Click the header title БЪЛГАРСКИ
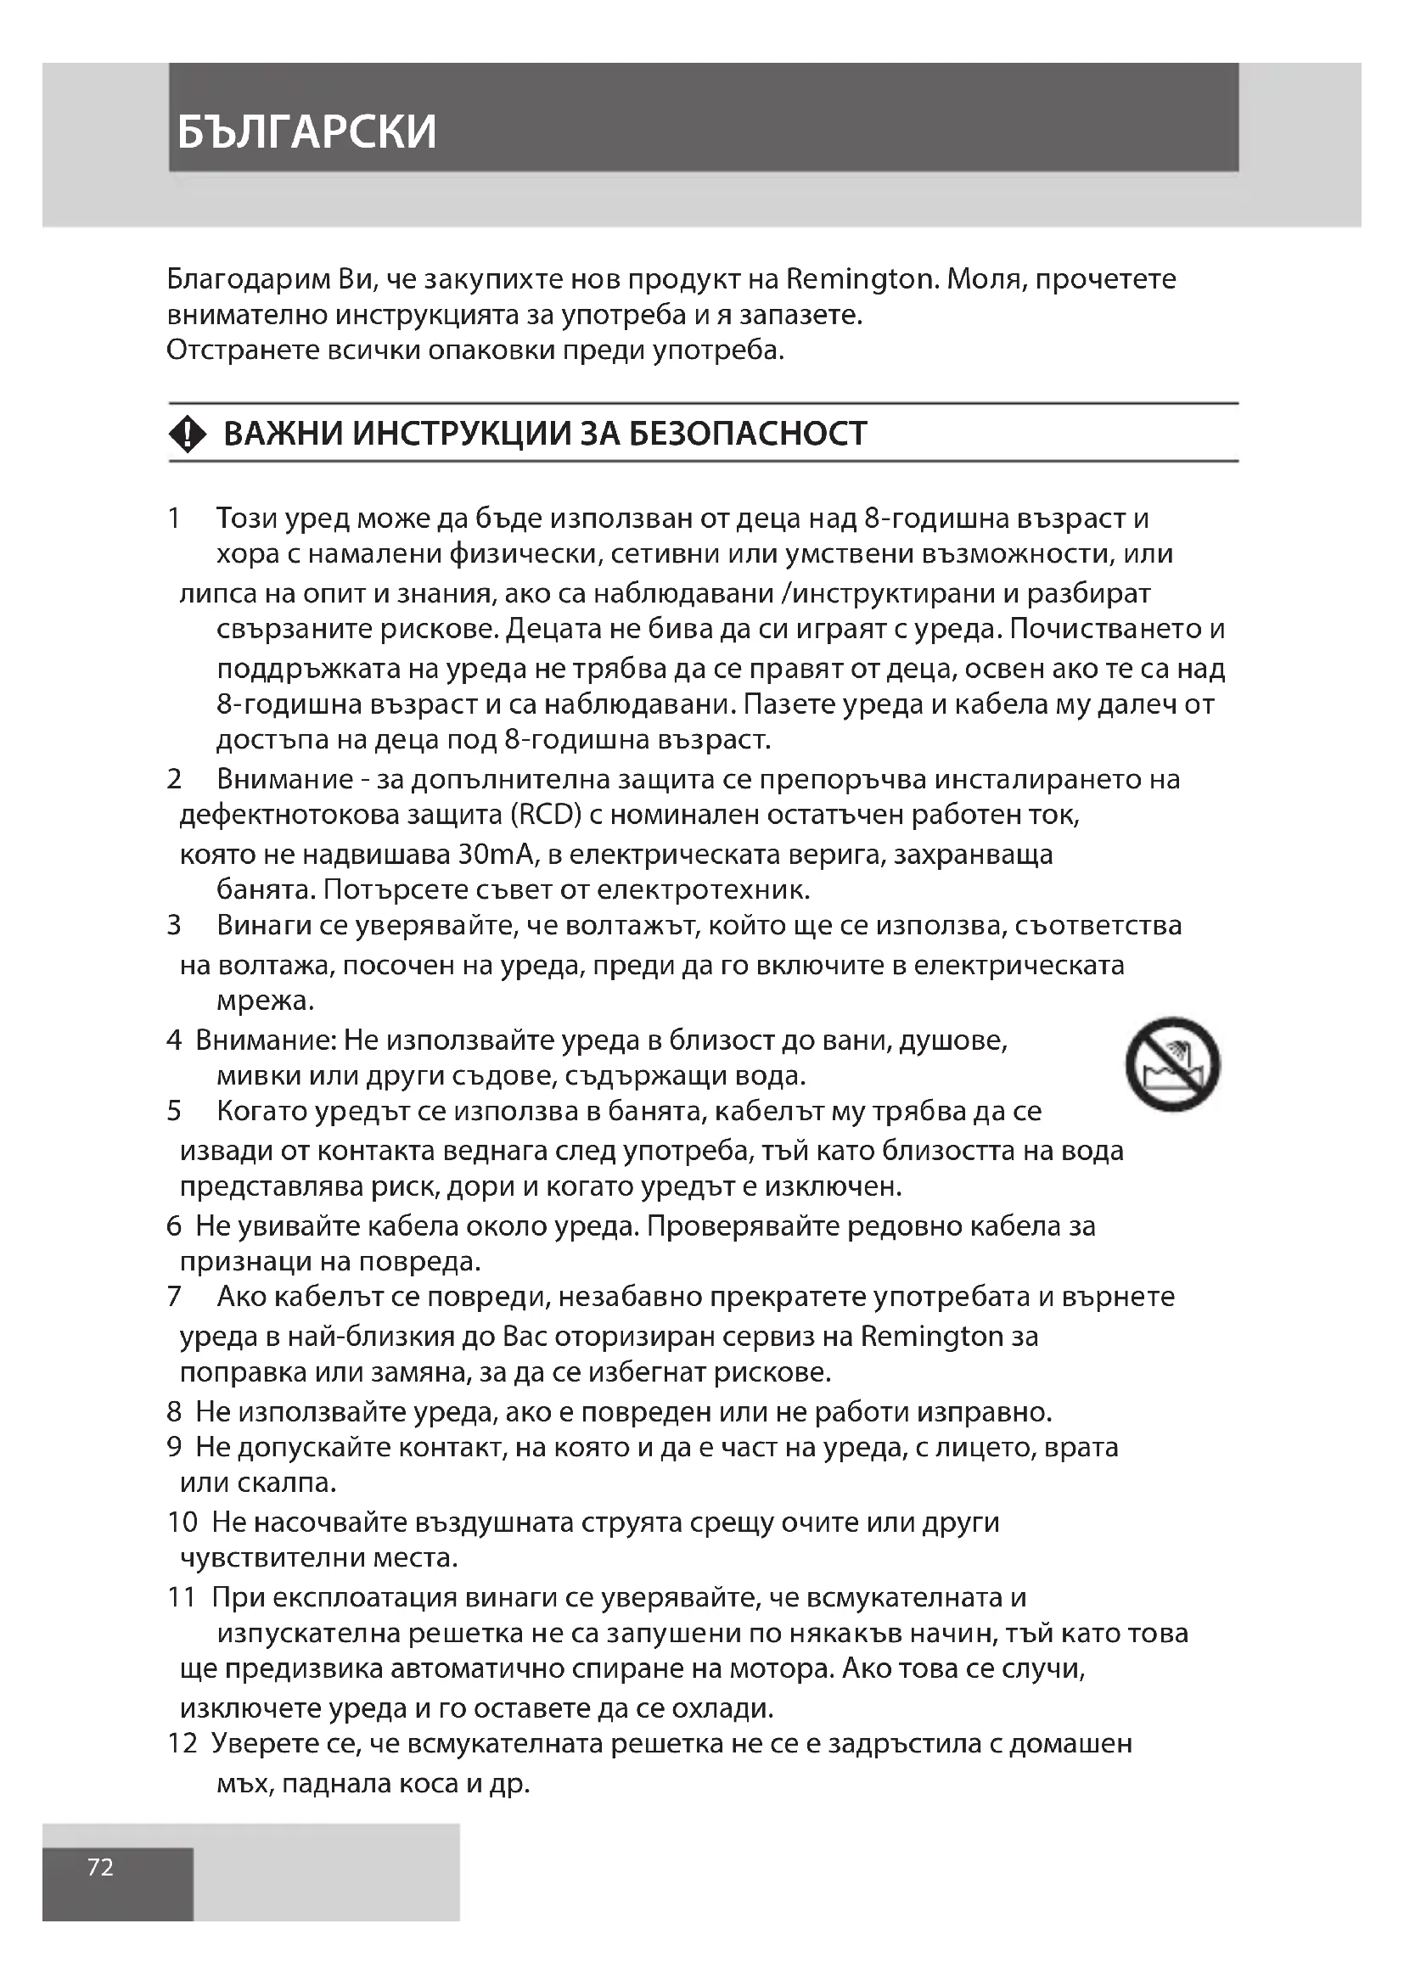click(x=307, y=132)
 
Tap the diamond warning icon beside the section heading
click(x=188, y=433)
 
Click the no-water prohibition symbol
click(x=1172, y=1064)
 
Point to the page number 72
click(x=100, y=1867)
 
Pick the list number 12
click(x=183, y=1743)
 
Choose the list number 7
click(x=174, y=1297)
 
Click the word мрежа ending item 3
click(x=264, y=1001)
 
